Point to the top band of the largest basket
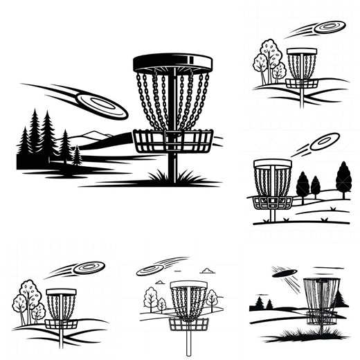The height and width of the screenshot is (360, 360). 171,64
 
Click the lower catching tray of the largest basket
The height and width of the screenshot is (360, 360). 172,143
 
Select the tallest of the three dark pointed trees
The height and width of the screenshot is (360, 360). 343,179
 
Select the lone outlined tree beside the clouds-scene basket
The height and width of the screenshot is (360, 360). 212,298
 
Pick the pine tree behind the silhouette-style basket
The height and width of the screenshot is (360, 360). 339,298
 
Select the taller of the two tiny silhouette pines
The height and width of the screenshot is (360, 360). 260,303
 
